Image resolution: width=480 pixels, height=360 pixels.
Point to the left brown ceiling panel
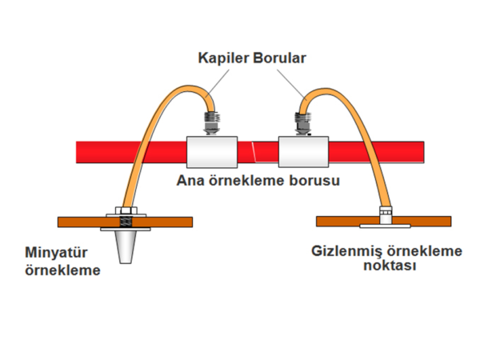click(x=80, y=222)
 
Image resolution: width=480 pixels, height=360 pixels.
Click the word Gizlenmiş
click(x=345, y=252)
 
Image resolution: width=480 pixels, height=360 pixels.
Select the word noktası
click(x=387, y=266)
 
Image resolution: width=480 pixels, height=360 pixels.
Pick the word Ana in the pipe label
click(x=190, y=180)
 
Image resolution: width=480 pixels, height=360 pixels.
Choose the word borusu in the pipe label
click(x=314, y=180)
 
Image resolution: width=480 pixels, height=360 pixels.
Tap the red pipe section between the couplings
click(x=257, y=150)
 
